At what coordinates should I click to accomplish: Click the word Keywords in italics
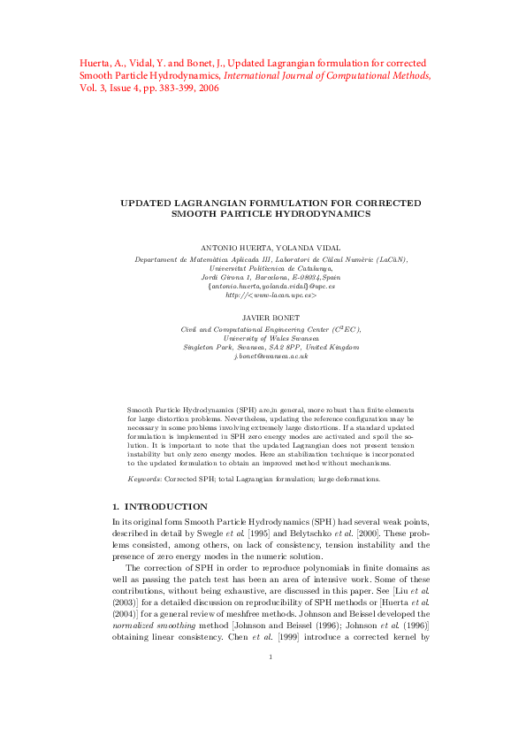pyautogui.click(x=144, y=479)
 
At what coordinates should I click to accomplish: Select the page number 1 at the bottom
pyautogui.click(x=271, y=706)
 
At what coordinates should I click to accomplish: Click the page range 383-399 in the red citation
pyautogui.click(x=175, y=88)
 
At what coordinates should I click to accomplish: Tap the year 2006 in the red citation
pyautogui.click(x=210, y=88)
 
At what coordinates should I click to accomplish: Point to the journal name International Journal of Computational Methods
pyautogui.click(x=327, y=76)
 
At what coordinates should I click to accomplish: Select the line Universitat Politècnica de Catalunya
pyautogui.click(x=271, y=267)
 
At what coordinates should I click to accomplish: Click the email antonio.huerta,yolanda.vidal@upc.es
pyautogui.click(x=271, y=286)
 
